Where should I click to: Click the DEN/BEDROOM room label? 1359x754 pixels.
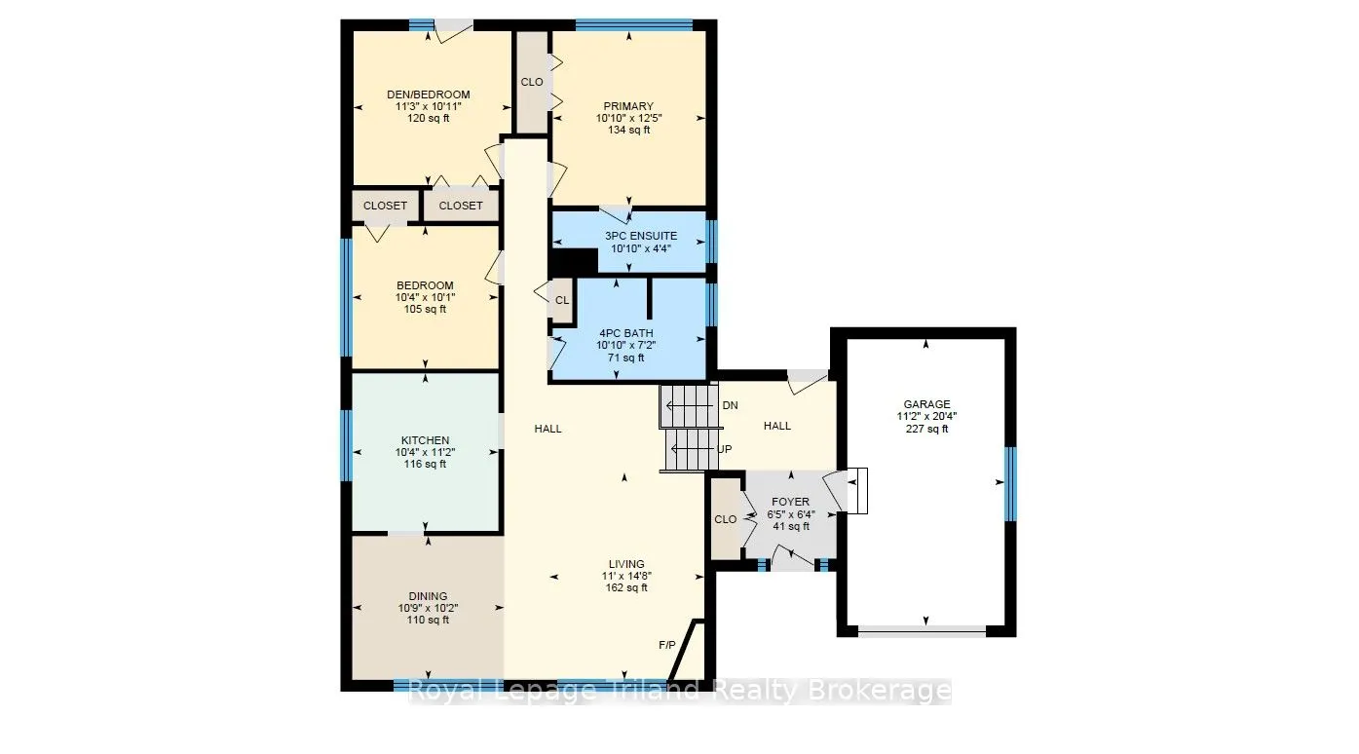(429, 94)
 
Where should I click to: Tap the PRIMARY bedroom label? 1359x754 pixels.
(628, 106)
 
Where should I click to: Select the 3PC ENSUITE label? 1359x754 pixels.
(641, 236)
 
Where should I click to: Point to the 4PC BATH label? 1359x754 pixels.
(626, 333)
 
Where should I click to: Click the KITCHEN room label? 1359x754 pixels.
(426, 440)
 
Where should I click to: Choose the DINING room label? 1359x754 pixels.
(428, 596)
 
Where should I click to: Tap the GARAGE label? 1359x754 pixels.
(926, 404)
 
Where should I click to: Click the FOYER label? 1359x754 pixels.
(790, 503)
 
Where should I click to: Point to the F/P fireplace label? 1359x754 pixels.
(667, 645)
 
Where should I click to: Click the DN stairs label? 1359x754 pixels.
(731, 405)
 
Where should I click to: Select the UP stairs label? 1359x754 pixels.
(725, 449)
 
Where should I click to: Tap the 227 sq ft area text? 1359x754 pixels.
(926, 429)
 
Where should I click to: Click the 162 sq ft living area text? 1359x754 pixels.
(626, 587)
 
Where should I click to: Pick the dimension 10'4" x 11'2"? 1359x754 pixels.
(426, 453)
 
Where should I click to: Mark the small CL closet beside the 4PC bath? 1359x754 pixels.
(562, 300)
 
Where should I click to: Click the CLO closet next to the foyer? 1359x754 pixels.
(726, 519)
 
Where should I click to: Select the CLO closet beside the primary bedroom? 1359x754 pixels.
(532, 82)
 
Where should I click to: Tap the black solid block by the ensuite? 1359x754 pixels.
(574, 261)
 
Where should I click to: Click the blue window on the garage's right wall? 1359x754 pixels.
(1010, 484)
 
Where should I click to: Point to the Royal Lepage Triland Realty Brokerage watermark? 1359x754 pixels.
(680, 691)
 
